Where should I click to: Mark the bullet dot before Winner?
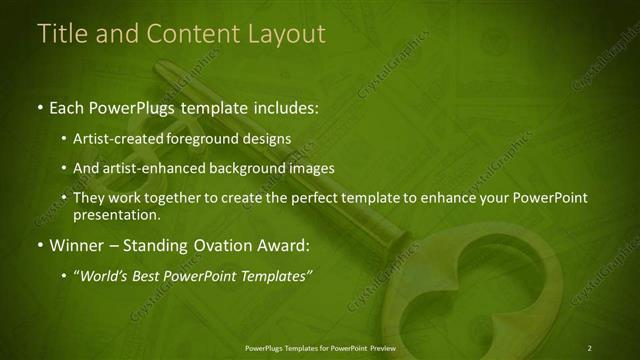pyautogui.click(x=39, y=245)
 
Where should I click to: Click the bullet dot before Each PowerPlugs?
pyautogui.click(x=39, y=106)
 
